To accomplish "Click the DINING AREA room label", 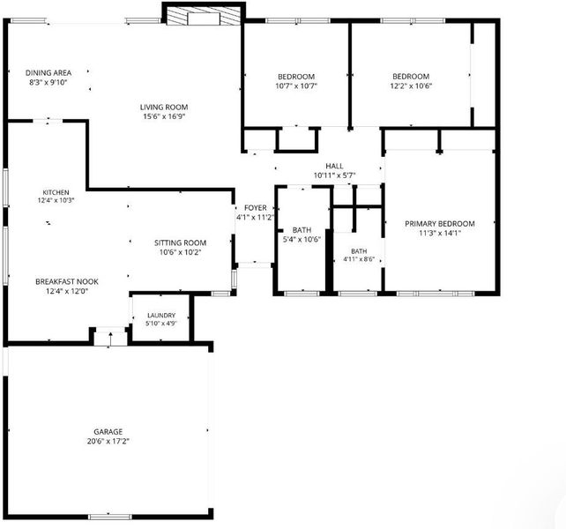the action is click(x=48, y=73).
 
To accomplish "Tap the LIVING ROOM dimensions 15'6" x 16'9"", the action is click(x=164, y=116).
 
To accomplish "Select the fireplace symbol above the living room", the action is click(x=204, y=17).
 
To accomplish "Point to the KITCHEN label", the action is click(x=56, y=192).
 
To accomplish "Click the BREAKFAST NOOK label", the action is click(x=67, y=281).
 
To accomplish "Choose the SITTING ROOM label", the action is click(x=180, y=243).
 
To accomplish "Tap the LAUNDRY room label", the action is click(x=161, y=316).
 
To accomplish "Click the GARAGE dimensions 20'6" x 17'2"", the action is click(x=108, y=441).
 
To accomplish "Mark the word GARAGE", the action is click(x=108, y=432).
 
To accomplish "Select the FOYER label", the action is click(x=255, y=208).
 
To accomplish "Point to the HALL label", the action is click(x=334, y=166).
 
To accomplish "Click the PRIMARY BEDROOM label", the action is click(x=440, y=224).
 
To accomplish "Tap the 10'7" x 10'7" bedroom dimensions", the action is click(x=296, y=86).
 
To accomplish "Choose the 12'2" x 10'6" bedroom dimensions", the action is click(x=411, y=86).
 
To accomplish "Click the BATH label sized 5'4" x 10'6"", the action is click(x=302, y=230).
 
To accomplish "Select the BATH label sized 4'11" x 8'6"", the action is click(x=359, y=251).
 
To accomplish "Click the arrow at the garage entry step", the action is click(x=110, y=339).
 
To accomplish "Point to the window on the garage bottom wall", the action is click(x=110, y=517).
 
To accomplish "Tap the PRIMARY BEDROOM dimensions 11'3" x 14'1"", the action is click(x=440, y=234).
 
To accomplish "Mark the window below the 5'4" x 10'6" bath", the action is click(x=302, y=294).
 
